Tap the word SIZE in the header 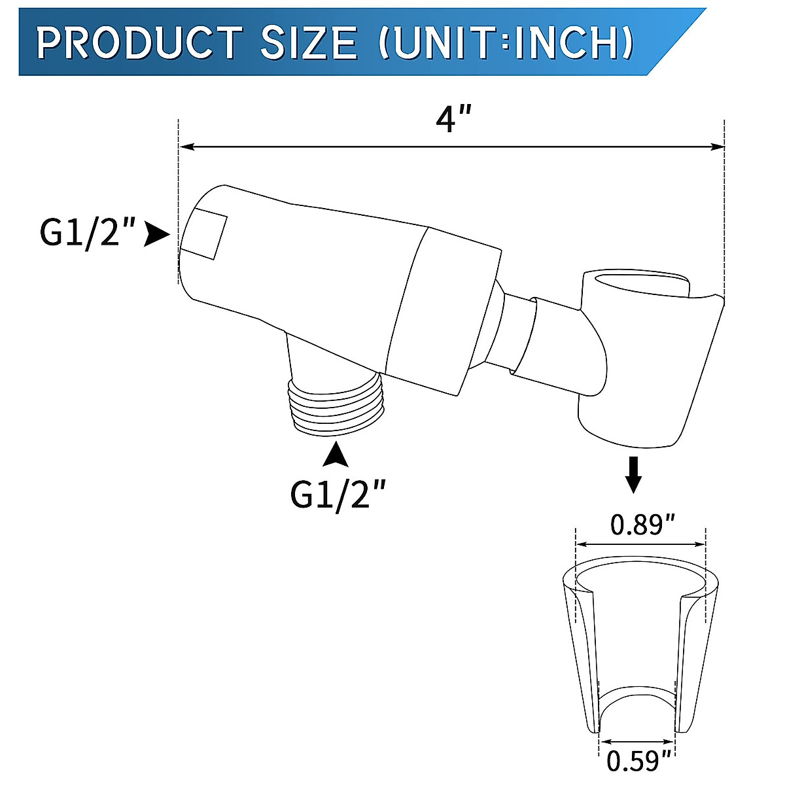pos(309,43)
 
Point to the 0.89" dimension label pos(642,524)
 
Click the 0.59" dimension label pos(639,761)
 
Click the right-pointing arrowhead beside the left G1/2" pos(156,234)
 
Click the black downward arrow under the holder pos(633,475)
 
